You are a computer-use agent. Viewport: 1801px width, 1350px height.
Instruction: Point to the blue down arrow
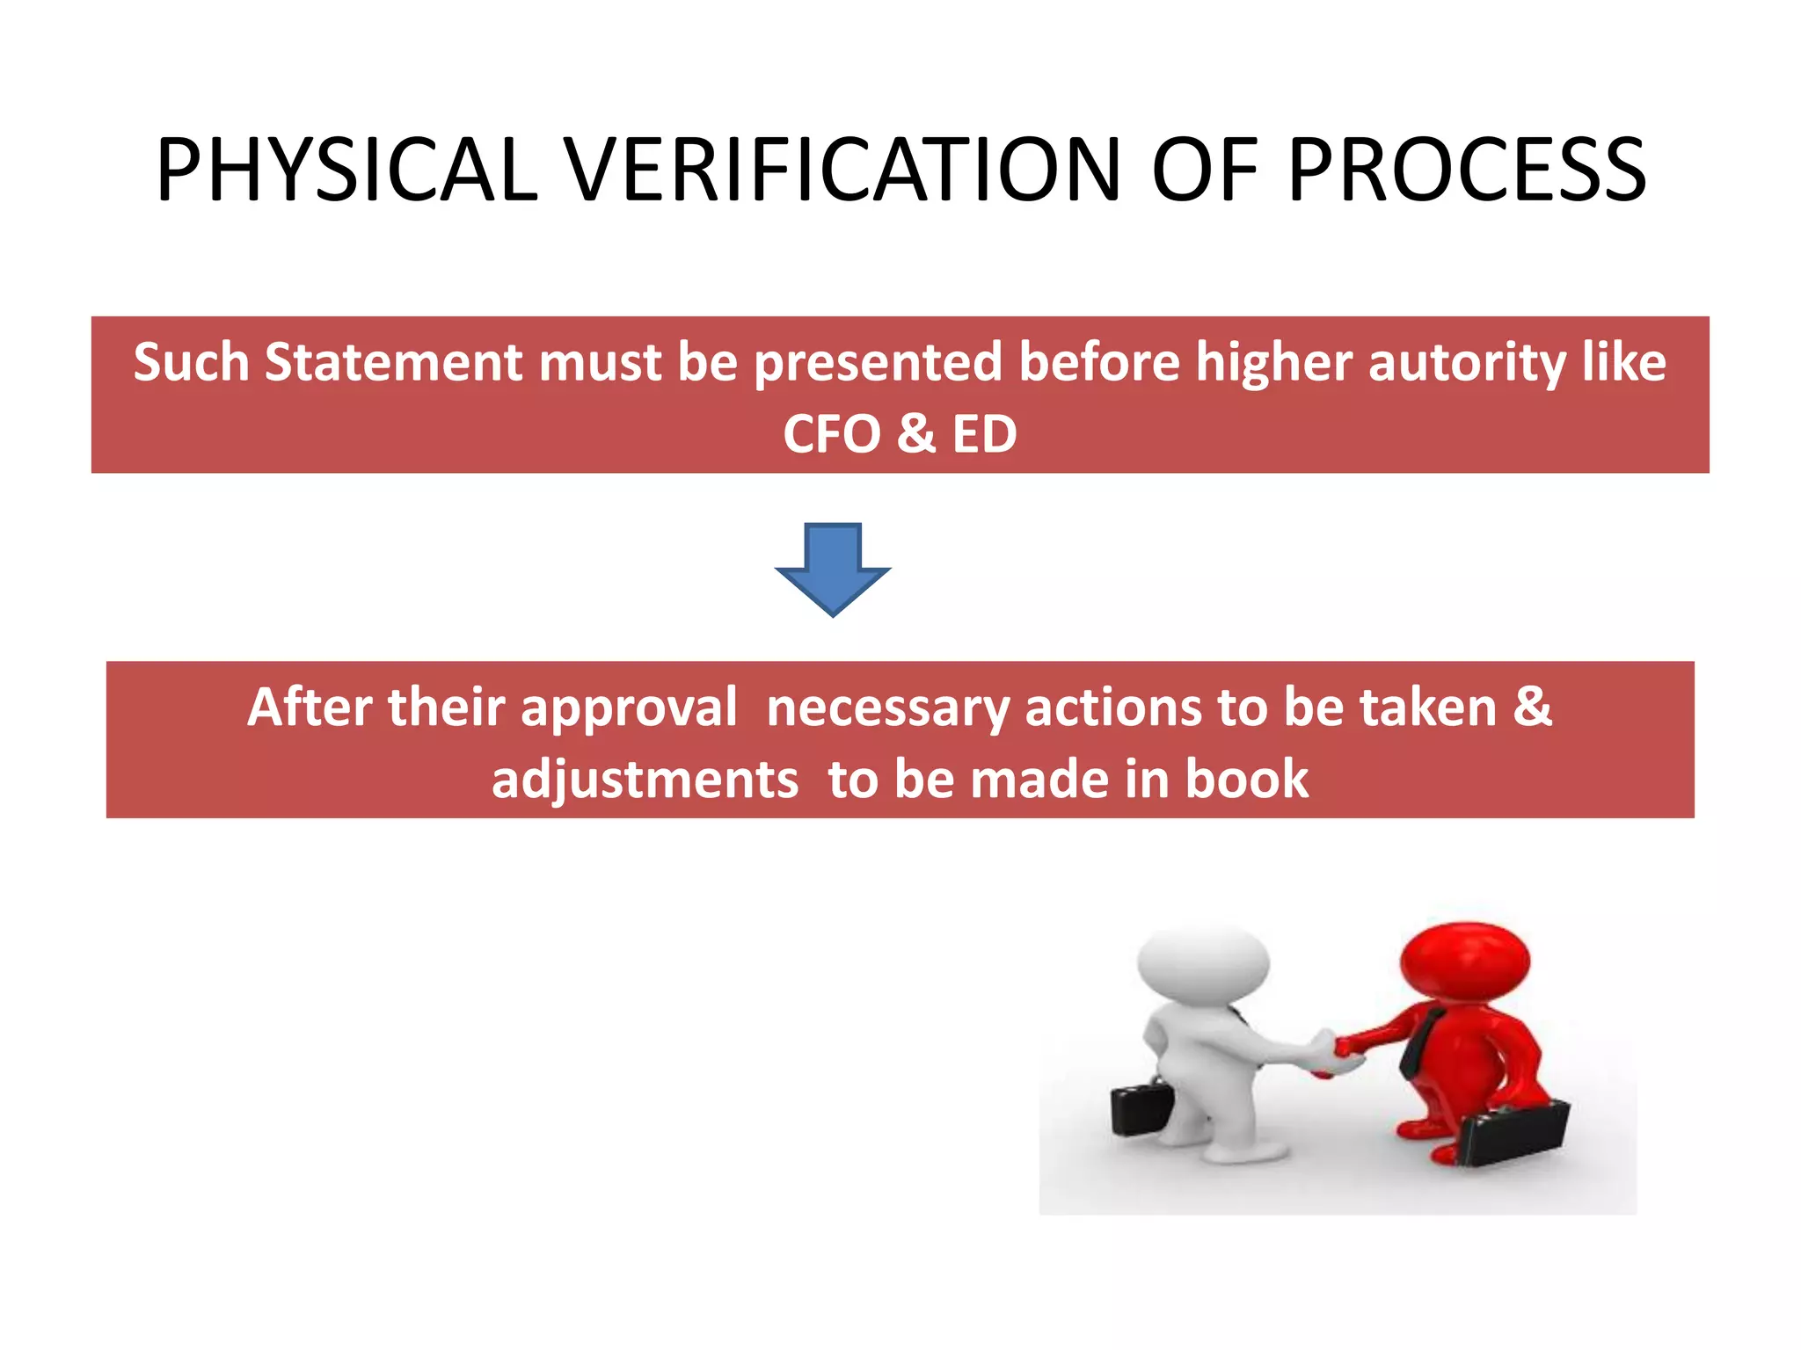833,570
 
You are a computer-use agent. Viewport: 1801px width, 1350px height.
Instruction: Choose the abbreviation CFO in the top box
831,434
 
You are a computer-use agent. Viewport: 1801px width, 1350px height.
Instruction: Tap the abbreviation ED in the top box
984,434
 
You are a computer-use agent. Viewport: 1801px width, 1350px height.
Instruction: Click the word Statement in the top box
393,362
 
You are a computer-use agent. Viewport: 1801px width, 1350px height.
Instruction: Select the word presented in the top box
878,364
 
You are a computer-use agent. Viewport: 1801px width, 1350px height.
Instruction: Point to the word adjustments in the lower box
645,780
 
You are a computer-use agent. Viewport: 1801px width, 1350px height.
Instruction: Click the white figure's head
1203,960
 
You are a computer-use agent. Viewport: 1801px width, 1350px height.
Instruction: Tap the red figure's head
1465,960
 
